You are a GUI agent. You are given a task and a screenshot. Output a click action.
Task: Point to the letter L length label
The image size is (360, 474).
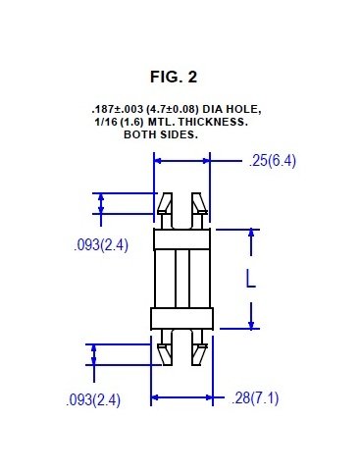point(250,279)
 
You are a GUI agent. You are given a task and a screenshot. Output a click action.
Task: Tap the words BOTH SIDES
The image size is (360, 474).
point(160,134)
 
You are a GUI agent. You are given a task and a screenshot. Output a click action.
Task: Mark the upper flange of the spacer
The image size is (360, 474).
point(182,238)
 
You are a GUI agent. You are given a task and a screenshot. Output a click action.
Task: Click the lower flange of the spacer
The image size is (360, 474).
point(182,318)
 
